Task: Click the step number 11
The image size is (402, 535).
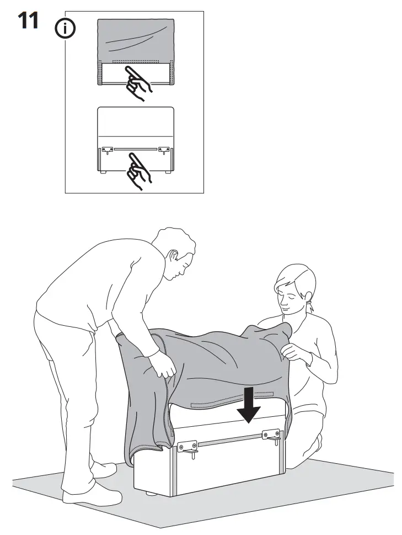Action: (x=28, y=20)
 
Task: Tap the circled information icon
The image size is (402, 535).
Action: (x=65, y=29)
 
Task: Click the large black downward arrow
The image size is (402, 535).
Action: (x=249, y=405)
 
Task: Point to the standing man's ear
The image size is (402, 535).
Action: (x=173, y=256)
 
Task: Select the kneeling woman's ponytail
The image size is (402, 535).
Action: (x=310, y=305)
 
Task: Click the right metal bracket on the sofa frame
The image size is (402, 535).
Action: (x=271, y=436)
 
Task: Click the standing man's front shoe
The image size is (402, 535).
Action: (x=92, y=496)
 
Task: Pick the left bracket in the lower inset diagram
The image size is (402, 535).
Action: (x=108, y=150)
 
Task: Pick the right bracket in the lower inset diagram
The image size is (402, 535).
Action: (x=164, y=150)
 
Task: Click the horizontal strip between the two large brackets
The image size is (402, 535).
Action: (x=230, y=440)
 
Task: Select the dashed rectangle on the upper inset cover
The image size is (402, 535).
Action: (x=136, y=62)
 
